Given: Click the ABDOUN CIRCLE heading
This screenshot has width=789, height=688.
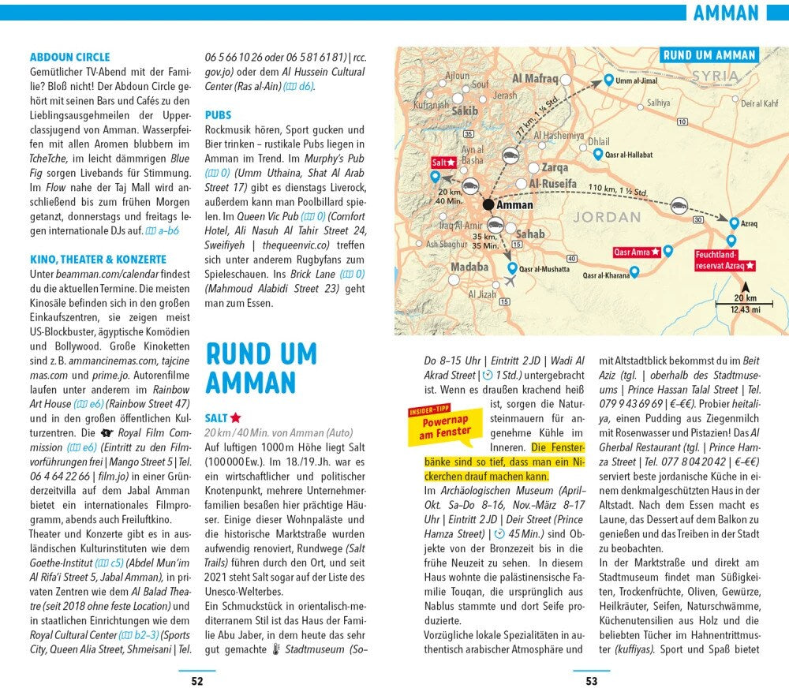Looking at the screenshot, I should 69,57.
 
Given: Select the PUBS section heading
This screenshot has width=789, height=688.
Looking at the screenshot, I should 218,115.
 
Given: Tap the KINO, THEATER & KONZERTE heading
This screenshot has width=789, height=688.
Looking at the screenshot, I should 98,259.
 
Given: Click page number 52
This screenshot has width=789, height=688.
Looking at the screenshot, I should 197,681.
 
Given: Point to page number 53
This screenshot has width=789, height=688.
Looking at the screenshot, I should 591,681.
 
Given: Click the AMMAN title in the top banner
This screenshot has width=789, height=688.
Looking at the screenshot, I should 726,13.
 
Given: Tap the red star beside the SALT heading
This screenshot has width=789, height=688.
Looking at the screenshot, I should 236,417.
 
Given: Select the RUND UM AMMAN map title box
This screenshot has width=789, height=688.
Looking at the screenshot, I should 709,55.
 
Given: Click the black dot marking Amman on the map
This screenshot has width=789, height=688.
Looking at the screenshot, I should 488,204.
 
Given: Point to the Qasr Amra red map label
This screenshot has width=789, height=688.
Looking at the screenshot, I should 636,252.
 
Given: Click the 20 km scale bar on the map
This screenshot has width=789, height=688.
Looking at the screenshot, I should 739,303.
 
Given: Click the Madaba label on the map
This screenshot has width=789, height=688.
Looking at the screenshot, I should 469,267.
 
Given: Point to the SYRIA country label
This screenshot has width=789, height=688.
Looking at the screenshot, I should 716,77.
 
